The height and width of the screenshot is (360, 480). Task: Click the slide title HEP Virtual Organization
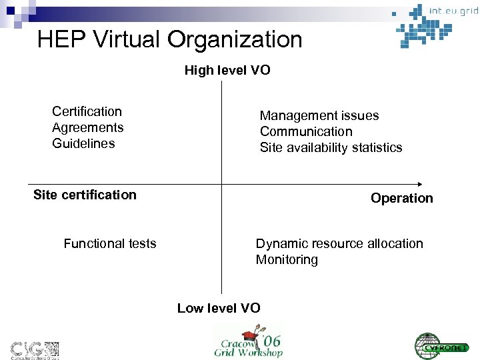[170, 40]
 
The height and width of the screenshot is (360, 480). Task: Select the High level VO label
[227, 70]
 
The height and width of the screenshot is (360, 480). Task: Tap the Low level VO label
[219, 308]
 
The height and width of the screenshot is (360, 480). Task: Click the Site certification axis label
[85, 195]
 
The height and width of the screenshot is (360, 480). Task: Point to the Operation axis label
[402, 198]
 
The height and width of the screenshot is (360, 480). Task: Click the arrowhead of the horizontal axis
[419, 183]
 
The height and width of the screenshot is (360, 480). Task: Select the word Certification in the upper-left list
[87, 111]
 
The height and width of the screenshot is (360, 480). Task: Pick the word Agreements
[88, 127]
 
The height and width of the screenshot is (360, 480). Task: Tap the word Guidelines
[83, 143]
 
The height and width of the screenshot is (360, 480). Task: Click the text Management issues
[319, 115]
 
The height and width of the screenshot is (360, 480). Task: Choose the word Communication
[306, 131]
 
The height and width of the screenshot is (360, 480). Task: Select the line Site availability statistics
[331, 147]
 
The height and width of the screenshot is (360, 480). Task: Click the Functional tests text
[110, 244]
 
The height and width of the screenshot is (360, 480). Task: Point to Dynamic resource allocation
[339, 244]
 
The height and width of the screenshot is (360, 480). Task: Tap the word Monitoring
[287, 260]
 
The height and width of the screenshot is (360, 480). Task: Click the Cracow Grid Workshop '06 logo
[249, 341]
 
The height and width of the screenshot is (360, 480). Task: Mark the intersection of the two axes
[221, 183]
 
